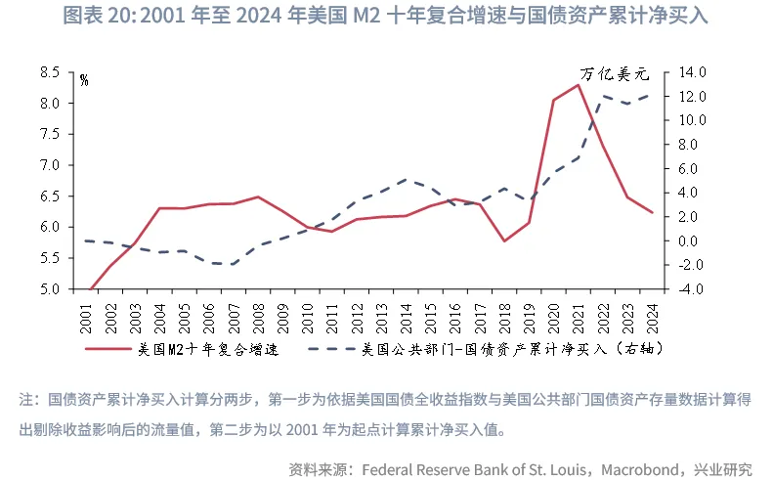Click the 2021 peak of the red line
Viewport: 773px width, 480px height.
tap(579, 85)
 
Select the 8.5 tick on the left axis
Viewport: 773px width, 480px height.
tap(50, 72)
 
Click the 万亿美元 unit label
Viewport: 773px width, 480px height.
tap(615, 73)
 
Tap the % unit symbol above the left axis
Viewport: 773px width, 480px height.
tap(84, 80)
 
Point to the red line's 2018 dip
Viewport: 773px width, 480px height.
tap(504, 240)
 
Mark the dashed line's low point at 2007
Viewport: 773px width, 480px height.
tap(234, 264)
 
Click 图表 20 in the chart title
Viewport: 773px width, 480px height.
tap(94, 17)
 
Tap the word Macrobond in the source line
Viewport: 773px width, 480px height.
tap(640, 469)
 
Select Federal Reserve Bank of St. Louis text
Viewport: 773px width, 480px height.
tap(473, 469)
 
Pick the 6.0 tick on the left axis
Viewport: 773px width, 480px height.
tap(50, 227)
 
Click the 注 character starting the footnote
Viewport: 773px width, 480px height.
tap(25, 399)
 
